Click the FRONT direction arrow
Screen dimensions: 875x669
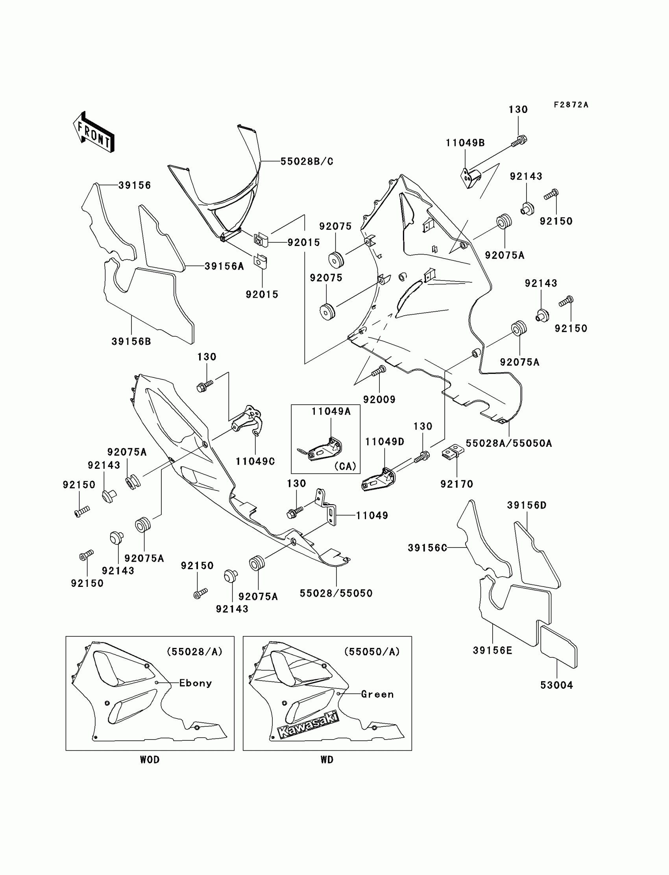pyautogui.click(x=94, y=132)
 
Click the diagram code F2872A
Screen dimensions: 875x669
pyautogui.click(x=571, y=105)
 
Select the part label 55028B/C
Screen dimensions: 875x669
pyautogui.click(x=307, y=161)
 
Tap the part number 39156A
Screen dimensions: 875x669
pyautogui.click(x=224, y=266)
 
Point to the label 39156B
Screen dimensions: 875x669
pyautogui.click(x=131, y=341)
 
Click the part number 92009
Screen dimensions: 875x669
pyautogui.click(x=379, y=400)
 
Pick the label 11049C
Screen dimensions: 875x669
pyautogui.click(x=255, y=461)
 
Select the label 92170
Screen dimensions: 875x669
pyautogui.click(x=457, y=484)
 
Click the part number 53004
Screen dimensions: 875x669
pyautogui.click(x=556, y=685)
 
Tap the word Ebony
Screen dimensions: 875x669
pyautogui.click(x=196, y=683)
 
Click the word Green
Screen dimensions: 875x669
pyautogui.click(x=377, y=694)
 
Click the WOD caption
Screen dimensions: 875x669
pyautogui.click(x=150, y=760)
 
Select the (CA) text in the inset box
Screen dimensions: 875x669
pyautogui.click(x=345, y=466)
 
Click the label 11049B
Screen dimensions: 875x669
pyautogui.click(x=465, y=143)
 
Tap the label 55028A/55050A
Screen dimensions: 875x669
pyautogui.click(x=509, y=443)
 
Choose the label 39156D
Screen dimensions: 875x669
pyautogui.click(x=527, y=505)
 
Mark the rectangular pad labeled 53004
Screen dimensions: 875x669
pyautogui.click(x=558, y=646)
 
